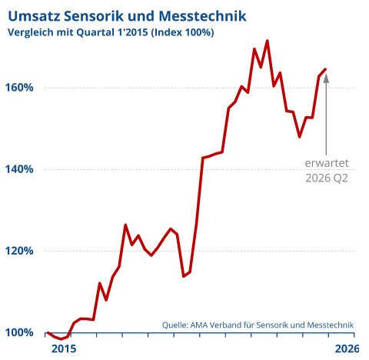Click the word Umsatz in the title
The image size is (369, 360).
point(34,16)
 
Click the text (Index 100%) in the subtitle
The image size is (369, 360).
point(182,32)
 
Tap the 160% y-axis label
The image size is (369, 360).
point(19,88)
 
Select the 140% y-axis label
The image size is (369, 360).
point(19,169)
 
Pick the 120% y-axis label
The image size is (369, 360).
point(19,251)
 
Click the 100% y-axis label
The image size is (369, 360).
point(19,332)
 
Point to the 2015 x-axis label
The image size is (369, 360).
point(64,349)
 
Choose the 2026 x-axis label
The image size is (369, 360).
point(347,349)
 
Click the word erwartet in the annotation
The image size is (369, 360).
point(327,163)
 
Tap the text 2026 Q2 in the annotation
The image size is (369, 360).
point(327,178)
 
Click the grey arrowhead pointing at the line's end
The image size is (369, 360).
point(326,78)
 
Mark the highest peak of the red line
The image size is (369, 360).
point(268,41)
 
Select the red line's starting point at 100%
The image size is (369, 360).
point(48,332)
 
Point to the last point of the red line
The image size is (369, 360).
point(325,68)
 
